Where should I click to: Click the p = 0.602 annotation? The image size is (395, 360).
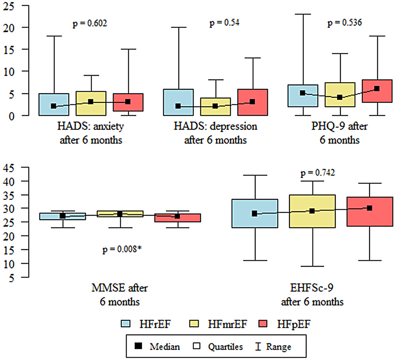90,24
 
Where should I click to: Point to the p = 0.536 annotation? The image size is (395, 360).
344,24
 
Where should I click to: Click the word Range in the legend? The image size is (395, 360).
279,347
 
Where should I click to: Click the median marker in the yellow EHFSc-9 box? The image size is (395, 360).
312,211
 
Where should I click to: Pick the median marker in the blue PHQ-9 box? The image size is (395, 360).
303,93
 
